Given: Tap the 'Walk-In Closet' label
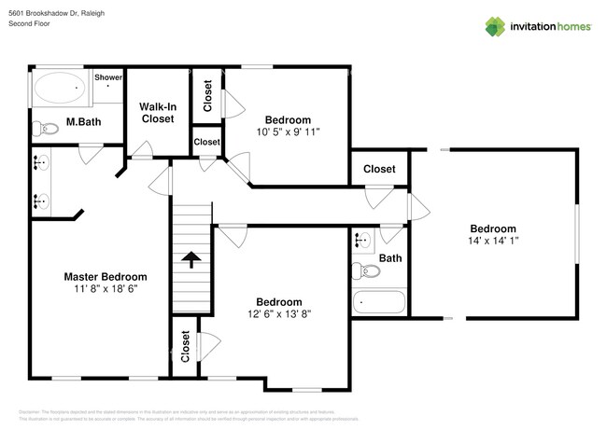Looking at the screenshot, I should click(x=157, y=113).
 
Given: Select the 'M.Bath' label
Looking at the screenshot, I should click(x=83, y=122).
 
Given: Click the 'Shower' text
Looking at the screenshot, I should click(x=108, y=76).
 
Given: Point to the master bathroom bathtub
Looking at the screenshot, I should click(x=60, y=90).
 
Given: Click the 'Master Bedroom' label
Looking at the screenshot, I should click(x=105, y=277).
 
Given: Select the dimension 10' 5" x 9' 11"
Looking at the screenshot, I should click(x=288, y=132).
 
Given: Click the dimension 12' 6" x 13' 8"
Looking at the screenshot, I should click(x=280, y=315).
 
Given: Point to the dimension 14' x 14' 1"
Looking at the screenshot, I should click(x=492, y=242).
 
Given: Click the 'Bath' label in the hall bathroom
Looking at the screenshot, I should click(x=390, y=258).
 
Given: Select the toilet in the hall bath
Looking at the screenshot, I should click(x=367, y=271).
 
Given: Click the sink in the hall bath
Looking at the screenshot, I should click(x=362, y=241).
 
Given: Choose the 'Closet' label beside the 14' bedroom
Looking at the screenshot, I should click(x=378, y=169).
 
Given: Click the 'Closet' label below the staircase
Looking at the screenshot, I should click(x=185, y=346).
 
